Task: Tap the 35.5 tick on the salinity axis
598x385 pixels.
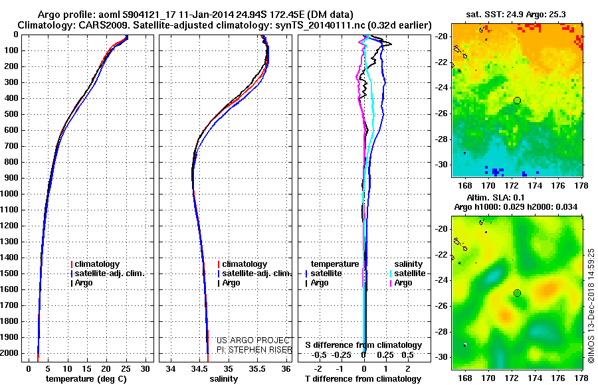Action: pyautogui.click(x=257, y=368)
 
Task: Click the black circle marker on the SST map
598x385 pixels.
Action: pyautogui.click(x=517, y=100)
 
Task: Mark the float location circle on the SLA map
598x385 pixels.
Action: pyautogui.click(x=517, y=293)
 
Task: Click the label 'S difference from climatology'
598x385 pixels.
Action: pyautogui.click(x=363, y=345)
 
